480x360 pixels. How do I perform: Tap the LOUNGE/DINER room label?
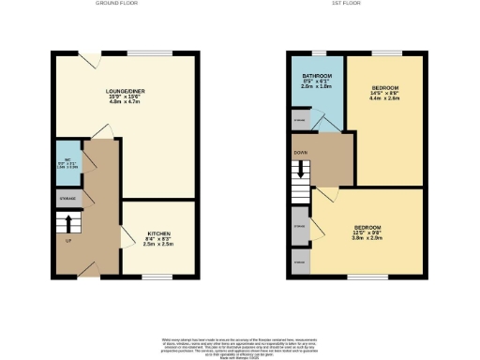click(x=126, y=91)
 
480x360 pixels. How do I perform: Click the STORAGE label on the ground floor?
click(x=67, y=200)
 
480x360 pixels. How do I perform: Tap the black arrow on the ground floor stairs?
click(x=67, y=224)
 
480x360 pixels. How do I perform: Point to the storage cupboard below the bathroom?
click(x=299, y=121)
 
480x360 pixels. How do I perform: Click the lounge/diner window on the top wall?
click(x=142, y=51)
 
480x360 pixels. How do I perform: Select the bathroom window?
click(x=318, y=51)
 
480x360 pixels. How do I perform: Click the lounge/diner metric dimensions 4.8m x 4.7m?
click(x=126, y=102)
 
